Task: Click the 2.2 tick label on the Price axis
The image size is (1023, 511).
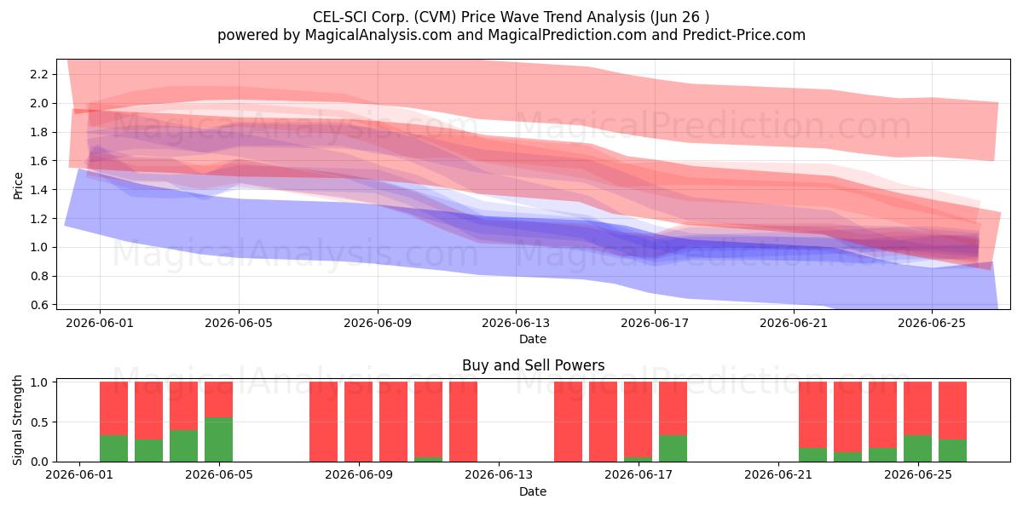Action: click(39, 74)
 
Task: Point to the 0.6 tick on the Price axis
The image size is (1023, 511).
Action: click(39, 305)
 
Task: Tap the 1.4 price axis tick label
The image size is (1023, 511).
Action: click(39, 189)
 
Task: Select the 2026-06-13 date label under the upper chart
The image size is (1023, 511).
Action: click(516, 323)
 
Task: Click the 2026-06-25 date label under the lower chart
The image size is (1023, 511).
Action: click(918, 474)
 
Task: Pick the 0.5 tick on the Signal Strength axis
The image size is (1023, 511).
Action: click(39, 422)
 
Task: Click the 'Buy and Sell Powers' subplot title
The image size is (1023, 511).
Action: click(533, 365)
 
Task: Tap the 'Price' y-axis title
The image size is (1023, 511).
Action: click(18, 186)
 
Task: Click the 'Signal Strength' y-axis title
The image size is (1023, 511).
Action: click(17, 420)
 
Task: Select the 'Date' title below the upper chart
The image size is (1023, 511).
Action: click(533, 339)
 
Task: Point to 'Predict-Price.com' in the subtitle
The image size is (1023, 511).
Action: click(744, 35)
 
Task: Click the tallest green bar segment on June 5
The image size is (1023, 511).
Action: click(219, 439)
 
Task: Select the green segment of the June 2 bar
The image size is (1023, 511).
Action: click(113, 448)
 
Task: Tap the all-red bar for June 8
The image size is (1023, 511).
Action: click(324, 422)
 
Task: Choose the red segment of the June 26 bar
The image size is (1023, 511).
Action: click(953, 411)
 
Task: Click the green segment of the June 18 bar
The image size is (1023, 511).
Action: click(673, 448)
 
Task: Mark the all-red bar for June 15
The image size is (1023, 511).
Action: click(568, 422)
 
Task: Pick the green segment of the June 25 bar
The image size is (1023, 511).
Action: click(917, 448)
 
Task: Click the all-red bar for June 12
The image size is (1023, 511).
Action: click(464, 422)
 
